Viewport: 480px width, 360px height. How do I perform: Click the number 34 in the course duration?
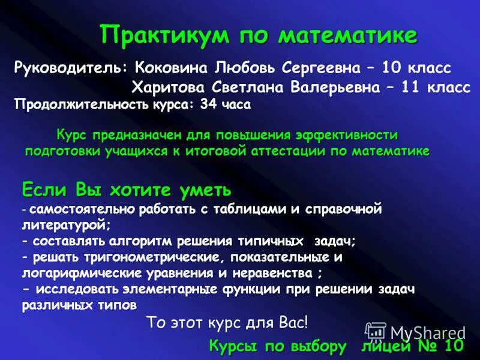209,104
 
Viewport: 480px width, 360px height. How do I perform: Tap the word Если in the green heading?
45,190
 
